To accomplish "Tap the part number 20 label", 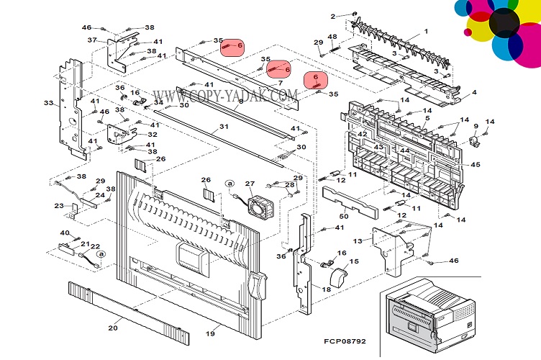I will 113,328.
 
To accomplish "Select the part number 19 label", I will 211,334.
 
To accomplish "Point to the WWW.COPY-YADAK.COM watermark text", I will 224,95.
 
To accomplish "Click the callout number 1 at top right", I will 425,31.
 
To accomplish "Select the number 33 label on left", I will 48,103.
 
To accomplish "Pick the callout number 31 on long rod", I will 224,127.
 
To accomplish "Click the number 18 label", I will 326,289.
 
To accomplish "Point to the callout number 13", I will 358,240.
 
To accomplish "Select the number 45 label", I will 476,165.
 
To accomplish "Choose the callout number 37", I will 92,40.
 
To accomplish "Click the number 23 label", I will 58,206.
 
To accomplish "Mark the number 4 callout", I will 474,92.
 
